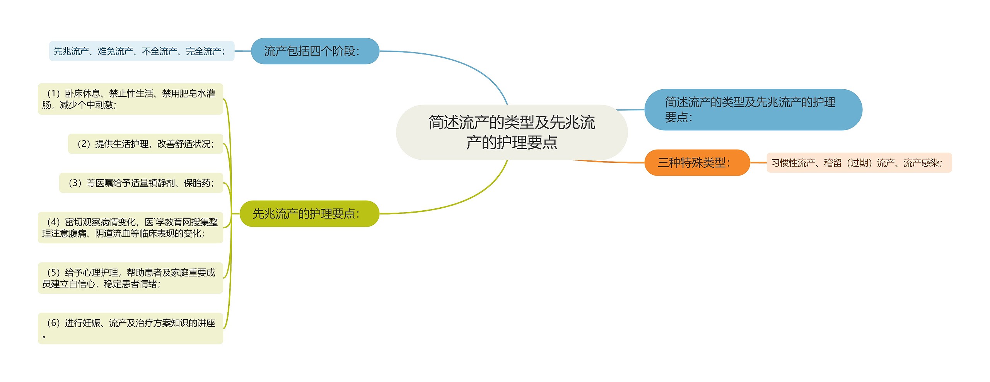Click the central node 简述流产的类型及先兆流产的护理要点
pyautogui.click(x=511, y=132)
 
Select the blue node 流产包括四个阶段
pyautogui.click(x=315, y=51)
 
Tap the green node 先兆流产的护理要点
pyautogui.click(x=309, y=213)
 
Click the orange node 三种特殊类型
pyautogui.click(x=697, y=163)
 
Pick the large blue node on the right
pyautogui.click(x=753, y=110)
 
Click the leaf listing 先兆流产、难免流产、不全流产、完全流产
pyautogui.click(x=142, y=51)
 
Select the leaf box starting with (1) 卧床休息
pyautogui.click(x=130, y=99)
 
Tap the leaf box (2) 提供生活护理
pyautogui.click(x=145, y=144)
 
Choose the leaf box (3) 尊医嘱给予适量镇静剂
pyautogui.click(x=141, y=183)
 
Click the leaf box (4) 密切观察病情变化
pyautogui.click(x=130, y=228)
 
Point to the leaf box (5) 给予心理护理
pyautogui.click(x=130, y=278)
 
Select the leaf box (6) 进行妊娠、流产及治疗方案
pyautogui.click(x=130, y=328)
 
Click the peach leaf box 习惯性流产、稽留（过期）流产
pyautogui.click(x=859, y=163)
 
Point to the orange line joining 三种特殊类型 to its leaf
pyautogui.click(x=758, y=163)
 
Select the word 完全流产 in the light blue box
pyautogui.click(x=203, y=51)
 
